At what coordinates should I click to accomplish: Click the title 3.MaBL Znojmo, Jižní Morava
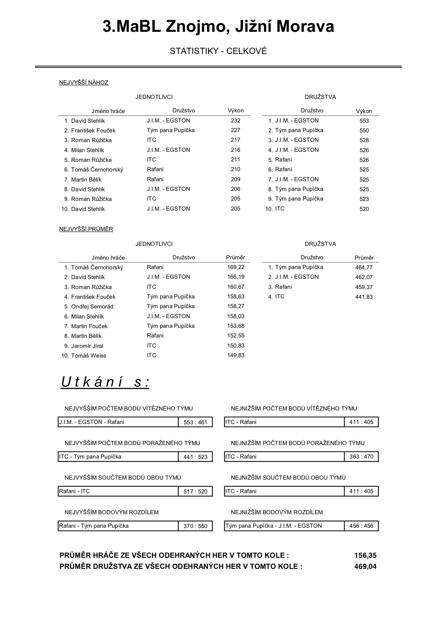point(218,27)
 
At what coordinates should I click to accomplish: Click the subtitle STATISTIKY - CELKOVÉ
point(218,51)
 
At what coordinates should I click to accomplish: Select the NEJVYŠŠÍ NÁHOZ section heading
point(84,82)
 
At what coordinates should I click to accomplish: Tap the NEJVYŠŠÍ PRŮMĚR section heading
point(86,229)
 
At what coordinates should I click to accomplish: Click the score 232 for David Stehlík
point(235,120)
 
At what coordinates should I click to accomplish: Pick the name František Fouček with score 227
point(93,130)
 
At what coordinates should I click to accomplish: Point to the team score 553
point(364,121)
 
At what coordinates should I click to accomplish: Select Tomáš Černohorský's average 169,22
point(236,267)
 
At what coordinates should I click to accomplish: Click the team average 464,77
point(364,267)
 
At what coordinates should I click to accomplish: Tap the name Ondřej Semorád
point(92,306)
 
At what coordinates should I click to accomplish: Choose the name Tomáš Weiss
point(89,355)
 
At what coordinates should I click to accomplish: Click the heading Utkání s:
point(105,382)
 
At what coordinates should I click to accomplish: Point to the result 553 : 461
point(195,422)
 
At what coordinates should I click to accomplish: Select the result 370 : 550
point(195,526)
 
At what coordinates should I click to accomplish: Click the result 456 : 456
point(361,526)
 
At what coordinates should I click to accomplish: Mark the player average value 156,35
point(365,555)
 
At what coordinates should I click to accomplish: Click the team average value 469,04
point(365,566)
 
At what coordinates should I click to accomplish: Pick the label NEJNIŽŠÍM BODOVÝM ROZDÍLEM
point(277,512)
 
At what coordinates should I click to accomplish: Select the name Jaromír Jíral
point(87,346)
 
